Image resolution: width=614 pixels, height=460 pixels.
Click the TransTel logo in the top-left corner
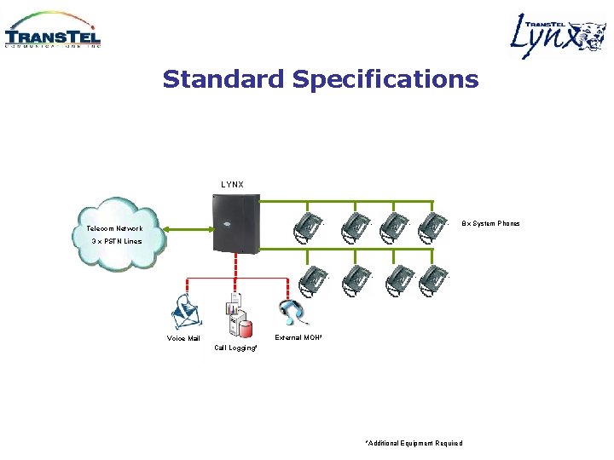[53, 32]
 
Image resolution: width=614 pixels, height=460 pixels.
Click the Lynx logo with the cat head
[558, 36]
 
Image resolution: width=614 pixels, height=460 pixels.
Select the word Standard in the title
[224, 79]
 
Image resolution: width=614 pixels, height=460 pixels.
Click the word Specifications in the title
[385, 79]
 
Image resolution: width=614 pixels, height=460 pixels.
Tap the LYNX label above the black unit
[232, 185]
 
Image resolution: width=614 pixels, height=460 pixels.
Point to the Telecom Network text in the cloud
[114, 228]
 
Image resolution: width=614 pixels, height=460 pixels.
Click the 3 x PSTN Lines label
[117, 241]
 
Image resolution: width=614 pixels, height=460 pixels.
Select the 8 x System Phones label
[490, 223]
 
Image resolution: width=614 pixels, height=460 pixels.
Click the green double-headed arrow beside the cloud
[188, 227]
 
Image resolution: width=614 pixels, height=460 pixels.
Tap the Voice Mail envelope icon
[187, 313]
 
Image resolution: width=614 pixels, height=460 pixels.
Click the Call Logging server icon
[236, 316]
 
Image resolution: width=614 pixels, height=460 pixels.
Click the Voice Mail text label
[183, 338]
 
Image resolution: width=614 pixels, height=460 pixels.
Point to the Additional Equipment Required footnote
[414, 443]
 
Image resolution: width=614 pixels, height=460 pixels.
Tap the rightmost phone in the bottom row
[432, 279]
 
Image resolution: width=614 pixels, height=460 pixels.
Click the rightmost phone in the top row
[432, 227]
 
